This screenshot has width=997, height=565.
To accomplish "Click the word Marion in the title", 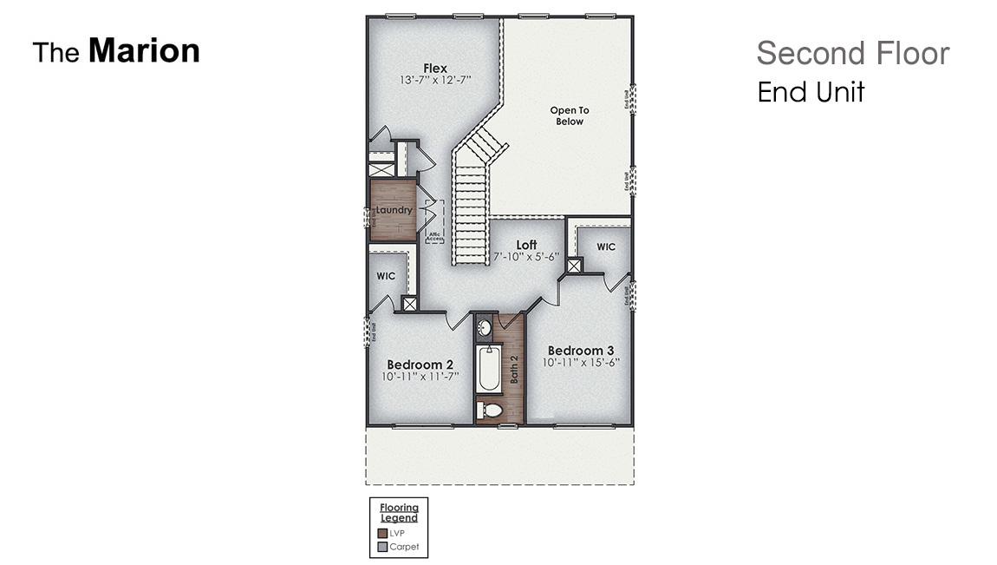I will click(x=144, y=51).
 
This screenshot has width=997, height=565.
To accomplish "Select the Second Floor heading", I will click(x=852, y=54).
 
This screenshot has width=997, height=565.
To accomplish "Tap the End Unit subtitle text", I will click(x=811, y=92).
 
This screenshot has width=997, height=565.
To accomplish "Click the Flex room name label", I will click(x=435, y=68).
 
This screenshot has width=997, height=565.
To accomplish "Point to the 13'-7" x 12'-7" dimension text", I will click(x=435, y=81).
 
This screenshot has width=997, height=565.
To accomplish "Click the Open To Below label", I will click(x=570, y=115).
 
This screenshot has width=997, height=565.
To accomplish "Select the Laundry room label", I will click(x=394, y=210).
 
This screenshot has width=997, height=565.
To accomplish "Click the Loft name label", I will click(x=526, y=246).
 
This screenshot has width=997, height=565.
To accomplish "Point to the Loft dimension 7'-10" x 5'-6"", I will click(x=526, y=258).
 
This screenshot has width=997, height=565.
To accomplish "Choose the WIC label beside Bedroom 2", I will click(x=386, y=276).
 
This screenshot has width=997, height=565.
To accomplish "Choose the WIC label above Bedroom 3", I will click(x=606, y=247).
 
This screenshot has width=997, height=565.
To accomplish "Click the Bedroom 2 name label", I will click(x=420, y=365).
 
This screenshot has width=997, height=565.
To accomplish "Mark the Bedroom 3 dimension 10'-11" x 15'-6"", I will click(x=581, y=363).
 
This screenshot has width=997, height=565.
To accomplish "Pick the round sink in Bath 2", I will click(x=485, y=328).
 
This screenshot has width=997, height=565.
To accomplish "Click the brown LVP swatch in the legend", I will click(x=382, y=533).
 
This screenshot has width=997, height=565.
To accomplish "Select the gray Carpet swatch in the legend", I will click(x=382, y=547).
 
